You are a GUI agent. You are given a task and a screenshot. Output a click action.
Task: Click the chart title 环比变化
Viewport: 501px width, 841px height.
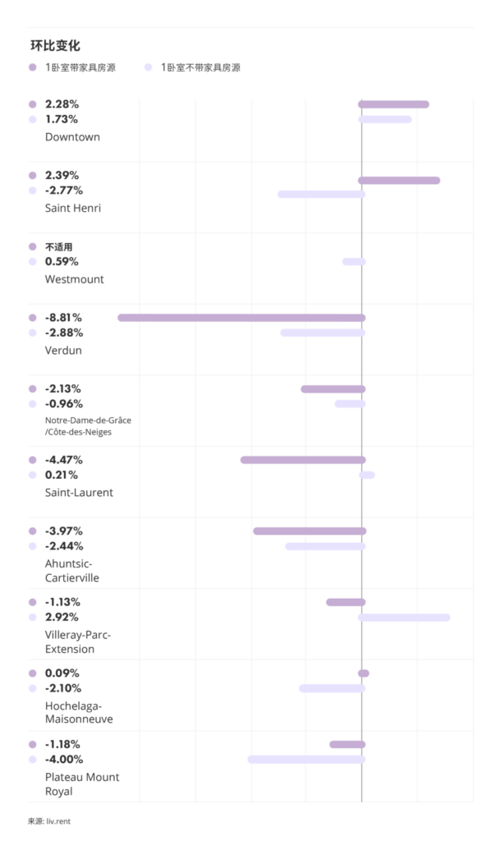[57, 45]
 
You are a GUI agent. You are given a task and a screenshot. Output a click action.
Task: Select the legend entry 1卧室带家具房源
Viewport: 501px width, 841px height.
[80, 67]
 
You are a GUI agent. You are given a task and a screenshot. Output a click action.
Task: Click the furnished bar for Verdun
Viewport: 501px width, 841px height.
[241, 317]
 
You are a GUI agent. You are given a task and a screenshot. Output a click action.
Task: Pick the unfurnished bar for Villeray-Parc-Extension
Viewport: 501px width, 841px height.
[404, 617]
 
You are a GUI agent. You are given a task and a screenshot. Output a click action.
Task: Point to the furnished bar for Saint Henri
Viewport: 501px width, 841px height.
[399, 180]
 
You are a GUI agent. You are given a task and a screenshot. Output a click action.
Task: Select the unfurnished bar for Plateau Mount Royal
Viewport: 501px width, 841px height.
[306, 760]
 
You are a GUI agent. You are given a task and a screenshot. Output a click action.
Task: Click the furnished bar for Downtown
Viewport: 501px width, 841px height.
[393, 104]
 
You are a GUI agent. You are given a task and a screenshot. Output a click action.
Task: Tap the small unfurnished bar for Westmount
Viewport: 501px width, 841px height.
[354, 261]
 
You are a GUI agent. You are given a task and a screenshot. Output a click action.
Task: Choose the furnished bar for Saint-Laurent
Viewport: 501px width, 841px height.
[303, 460]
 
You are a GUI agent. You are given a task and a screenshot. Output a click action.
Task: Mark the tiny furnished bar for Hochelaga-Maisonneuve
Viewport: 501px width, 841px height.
[364, 673]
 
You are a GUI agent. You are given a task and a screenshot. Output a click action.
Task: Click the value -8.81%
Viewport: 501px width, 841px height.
[63, 318]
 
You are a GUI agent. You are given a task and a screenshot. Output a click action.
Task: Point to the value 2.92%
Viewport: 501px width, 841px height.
[62, 617]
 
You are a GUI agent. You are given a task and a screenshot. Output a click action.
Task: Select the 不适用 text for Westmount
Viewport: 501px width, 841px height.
[59, 246]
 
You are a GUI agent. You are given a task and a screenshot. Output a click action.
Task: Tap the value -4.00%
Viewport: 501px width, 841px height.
[64, 760]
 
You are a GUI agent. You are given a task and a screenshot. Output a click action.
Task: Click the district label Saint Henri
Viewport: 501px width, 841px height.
[73, 208]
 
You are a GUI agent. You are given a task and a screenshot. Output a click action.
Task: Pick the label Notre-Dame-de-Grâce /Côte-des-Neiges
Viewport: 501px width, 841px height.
[88, 425]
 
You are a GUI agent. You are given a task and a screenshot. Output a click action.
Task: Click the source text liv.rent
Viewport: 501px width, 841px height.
[55, 820]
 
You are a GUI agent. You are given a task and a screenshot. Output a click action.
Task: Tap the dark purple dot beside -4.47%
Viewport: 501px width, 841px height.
[33, 460]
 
